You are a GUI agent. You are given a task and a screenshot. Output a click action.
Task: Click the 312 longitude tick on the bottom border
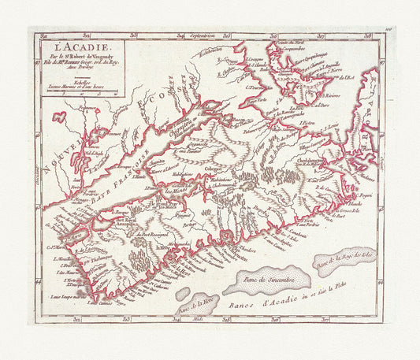76,319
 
